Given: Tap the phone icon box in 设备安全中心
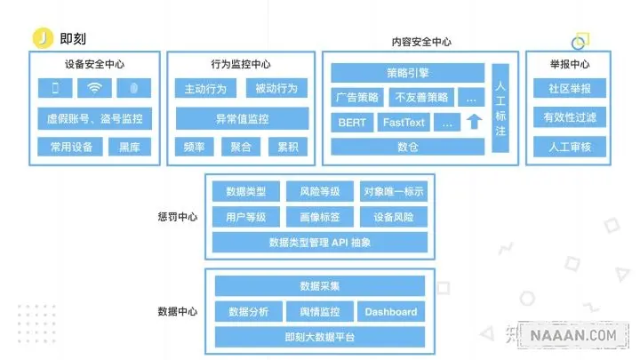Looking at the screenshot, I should pos(55,88).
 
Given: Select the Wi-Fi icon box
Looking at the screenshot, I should pos(95,88).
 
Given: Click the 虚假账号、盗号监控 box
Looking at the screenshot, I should pos(95,118).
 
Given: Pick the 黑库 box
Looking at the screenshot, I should pos(130,147).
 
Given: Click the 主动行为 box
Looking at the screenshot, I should pos(205,89).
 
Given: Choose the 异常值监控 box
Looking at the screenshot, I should pos(242,118).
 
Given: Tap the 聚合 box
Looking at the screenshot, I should pos(241,147).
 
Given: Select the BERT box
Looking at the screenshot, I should pos(351,123).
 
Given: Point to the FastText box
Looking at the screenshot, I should pos(404,123).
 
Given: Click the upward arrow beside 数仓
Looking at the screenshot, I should pos(473,122).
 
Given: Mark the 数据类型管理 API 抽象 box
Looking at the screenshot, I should pos(318,242).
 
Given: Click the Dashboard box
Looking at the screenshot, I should pos(391,312).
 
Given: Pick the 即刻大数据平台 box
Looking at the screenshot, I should pos(318,337).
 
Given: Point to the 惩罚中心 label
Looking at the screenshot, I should pos(178,216).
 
